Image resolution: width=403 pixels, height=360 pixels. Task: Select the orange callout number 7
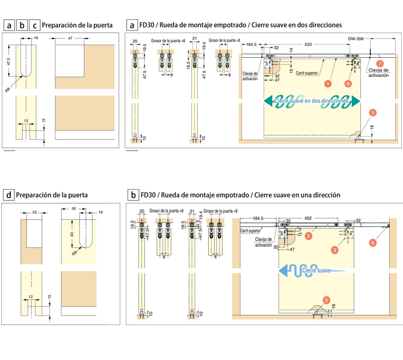coord(379,63)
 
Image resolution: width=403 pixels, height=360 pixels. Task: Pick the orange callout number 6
coord(373,242)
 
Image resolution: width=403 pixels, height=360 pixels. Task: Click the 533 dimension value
coord(308,45)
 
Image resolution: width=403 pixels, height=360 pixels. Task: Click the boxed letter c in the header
coord(35,25)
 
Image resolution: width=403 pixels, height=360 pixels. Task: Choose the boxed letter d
coord(8,195)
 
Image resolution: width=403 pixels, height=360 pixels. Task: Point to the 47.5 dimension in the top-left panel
coord(9,63)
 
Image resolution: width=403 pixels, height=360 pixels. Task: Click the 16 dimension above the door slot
coord(36,38)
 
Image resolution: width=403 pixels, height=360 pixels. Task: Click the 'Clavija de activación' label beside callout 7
coord(378,72)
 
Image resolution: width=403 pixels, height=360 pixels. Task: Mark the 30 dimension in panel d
coord(74,209)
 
